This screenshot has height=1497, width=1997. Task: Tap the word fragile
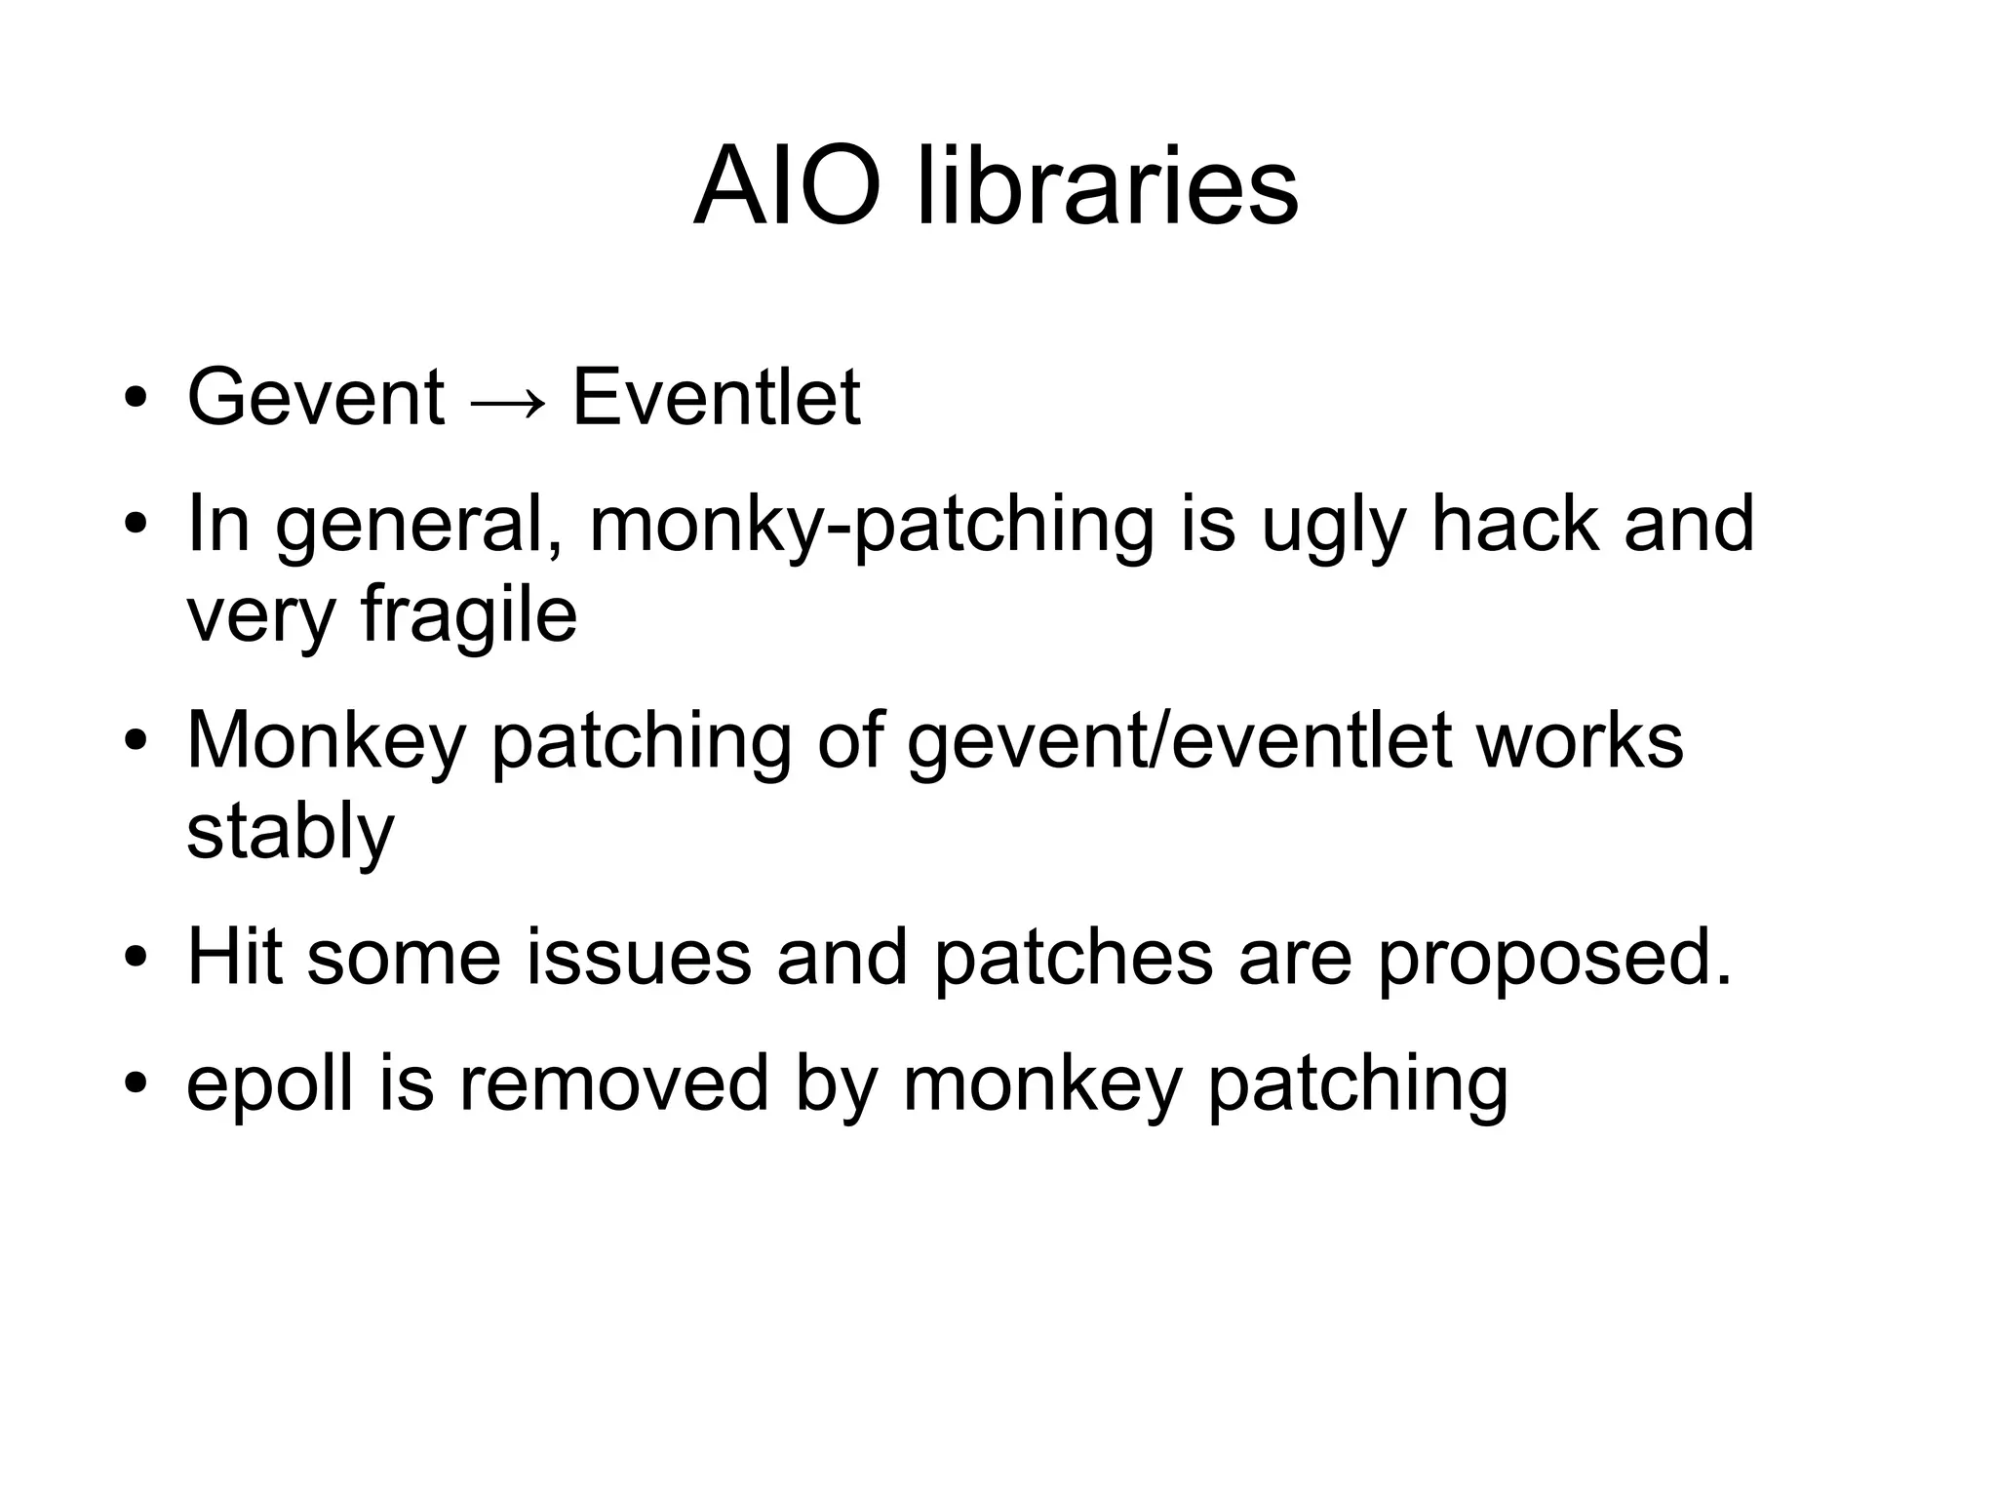(469, 617)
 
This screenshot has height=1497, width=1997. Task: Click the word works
(1580, 741)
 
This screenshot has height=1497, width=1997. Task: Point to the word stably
(290, 834)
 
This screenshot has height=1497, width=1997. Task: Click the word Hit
(233, 958)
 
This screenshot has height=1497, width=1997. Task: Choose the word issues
(639, 958)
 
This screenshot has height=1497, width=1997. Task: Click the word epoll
(269, 1085)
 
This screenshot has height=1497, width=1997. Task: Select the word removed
(613, 1083)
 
